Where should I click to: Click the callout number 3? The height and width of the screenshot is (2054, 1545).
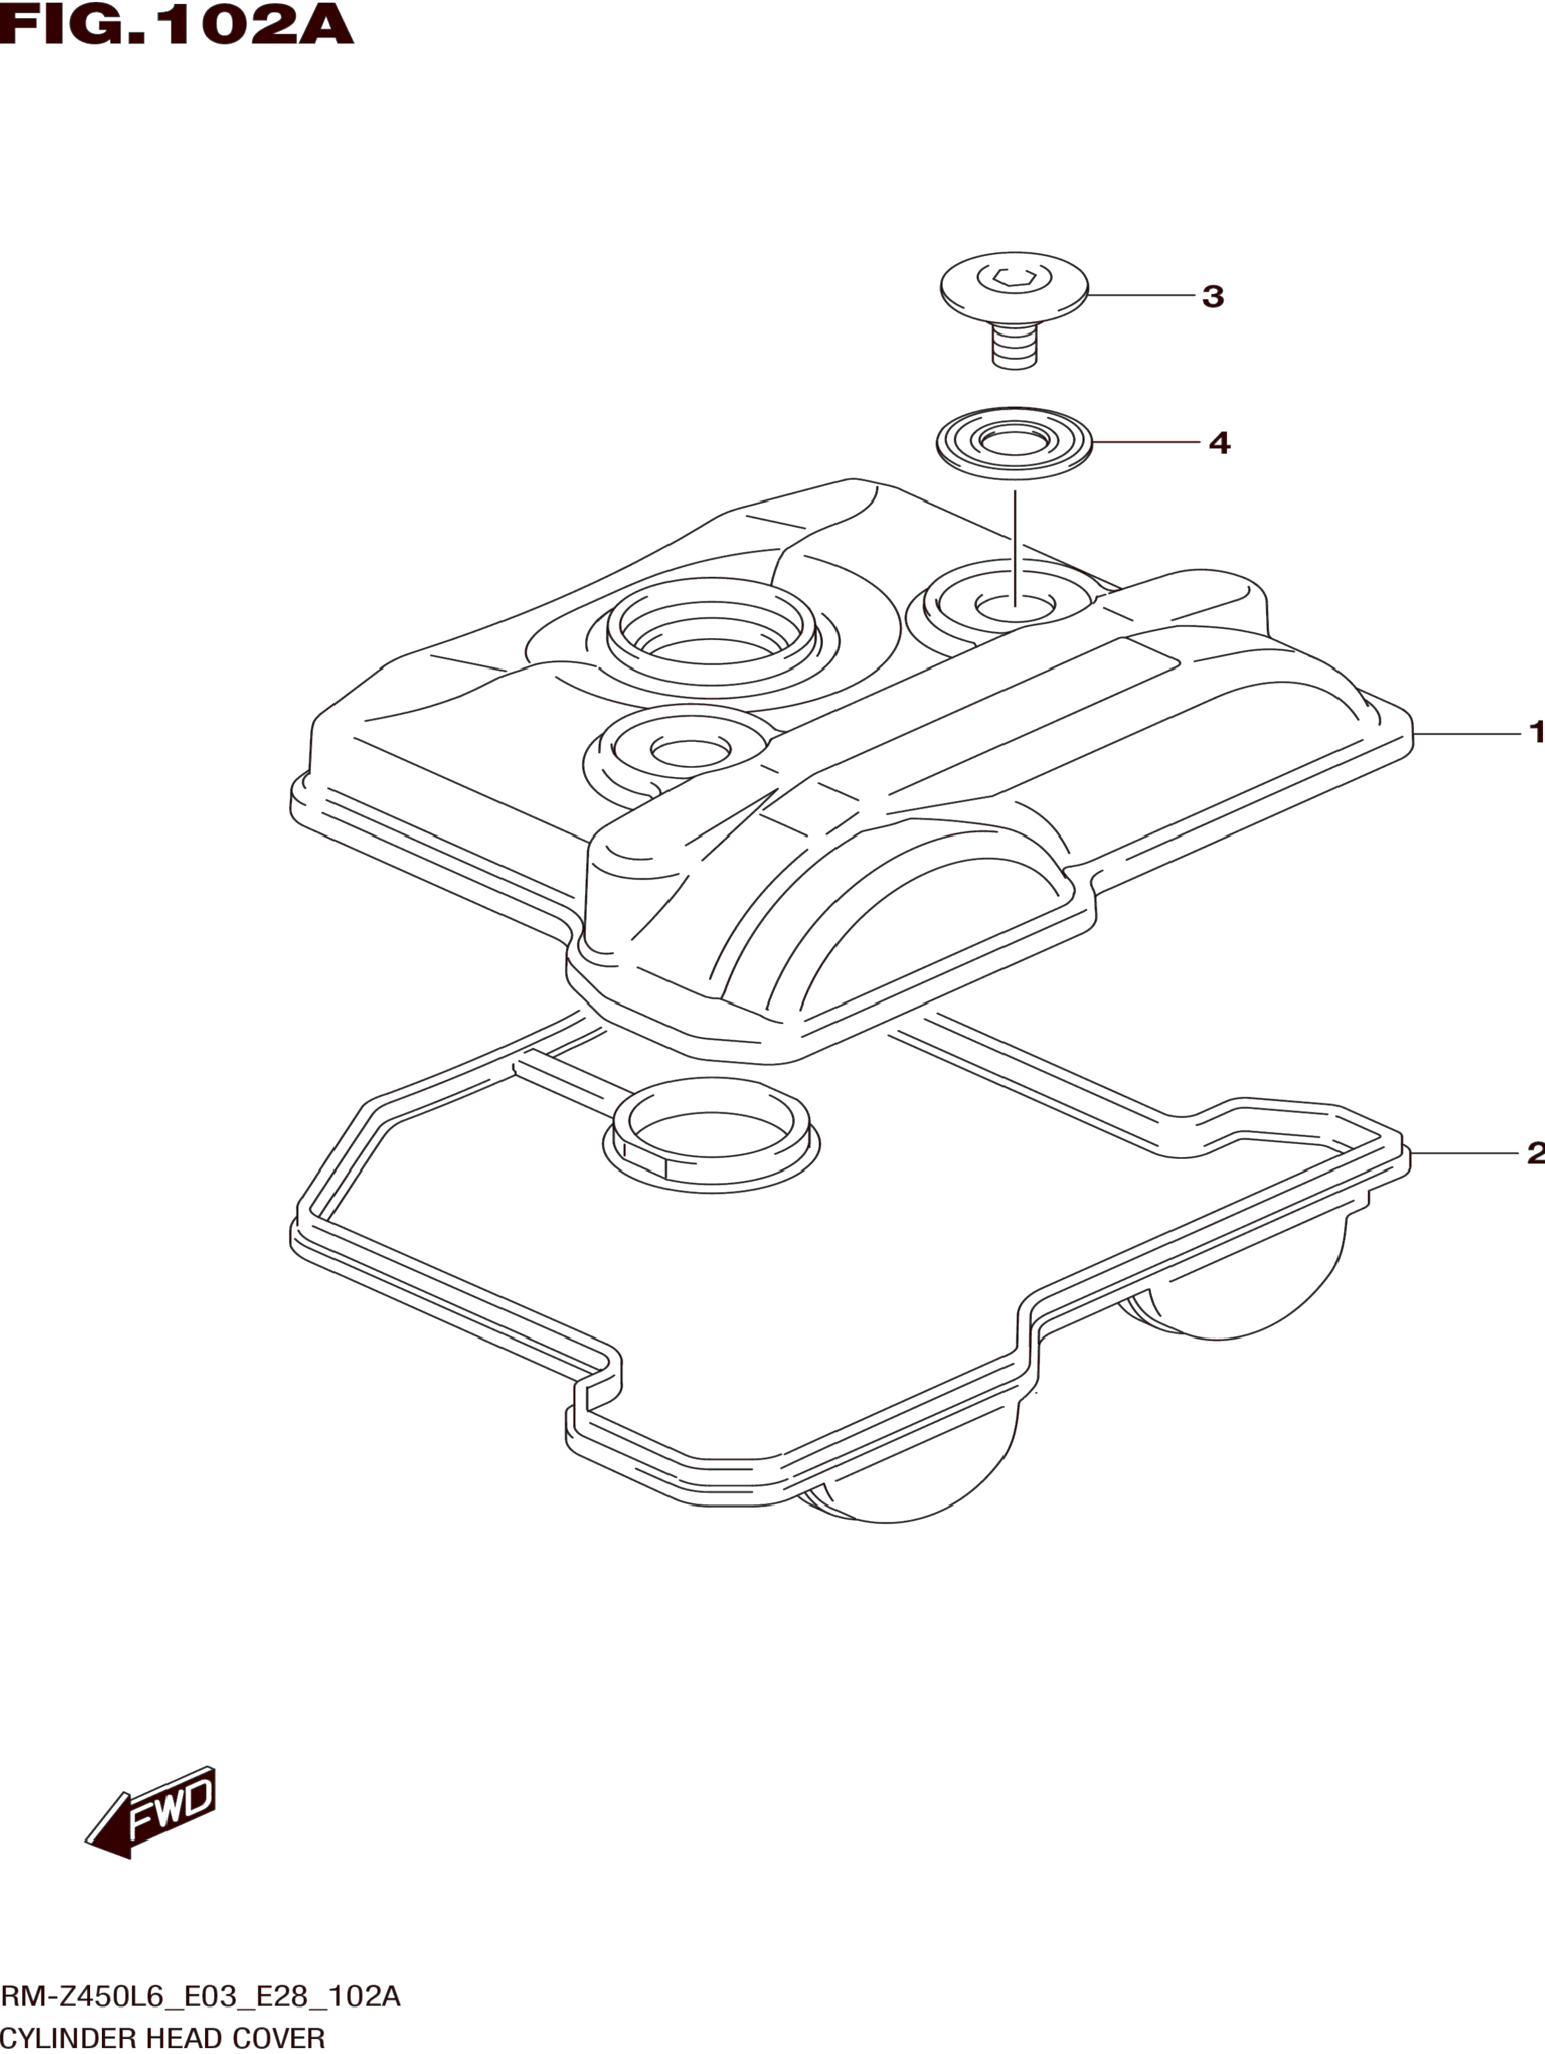1213,297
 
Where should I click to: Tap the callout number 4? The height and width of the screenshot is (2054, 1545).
1219,444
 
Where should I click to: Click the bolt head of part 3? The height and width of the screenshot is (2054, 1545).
1013,288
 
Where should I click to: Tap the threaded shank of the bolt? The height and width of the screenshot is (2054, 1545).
1014,347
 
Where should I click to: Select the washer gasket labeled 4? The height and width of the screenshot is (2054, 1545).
1014,443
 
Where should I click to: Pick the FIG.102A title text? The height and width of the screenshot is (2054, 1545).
176,25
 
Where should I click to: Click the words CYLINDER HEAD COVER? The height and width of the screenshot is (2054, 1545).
163,2038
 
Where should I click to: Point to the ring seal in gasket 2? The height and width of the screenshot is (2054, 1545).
712,1135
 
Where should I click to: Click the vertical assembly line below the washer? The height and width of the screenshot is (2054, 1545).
1015,548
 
